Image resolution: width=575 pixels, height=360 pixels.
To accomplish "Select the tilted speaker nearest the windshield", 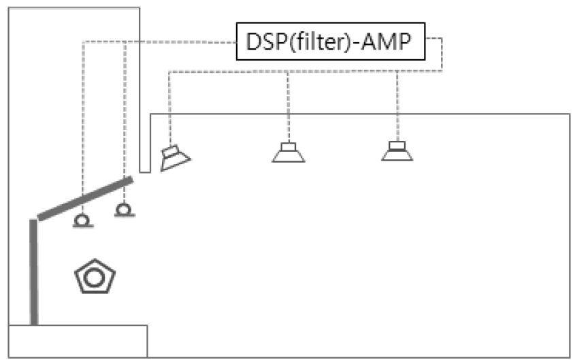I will pyautogui.click(x=174, y=158).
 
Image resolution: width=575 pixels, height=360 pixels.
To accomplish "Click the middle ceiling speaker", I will pyautogui.click(x=288, y=152).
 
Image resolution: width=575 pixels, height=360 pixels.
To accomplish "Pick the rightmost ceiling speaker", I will pyautogui.click(x=397, y=151).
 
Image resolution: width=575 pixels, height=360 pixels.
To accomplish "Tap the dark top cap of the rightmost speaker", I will pyautogui.click(x=397, y=144).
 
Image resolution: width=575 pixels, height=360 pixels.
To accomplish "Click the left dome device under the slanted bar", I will pyautogui.click(x=82, y=221).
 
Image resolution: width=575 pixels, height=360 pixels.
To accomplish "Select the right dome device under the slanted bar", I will pyautogui.click(x=124, y=210).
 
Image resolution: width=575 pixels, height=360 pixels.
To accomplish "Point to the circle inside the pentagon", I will pyautogui.click(x=95, y=276).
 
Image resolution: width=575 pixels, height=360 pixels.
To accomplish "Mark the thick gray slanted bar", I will pyautogui.click(x=85, y=199).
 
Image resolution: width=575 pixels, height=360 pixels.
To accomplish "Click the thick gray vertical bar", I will pyautogui.click(x=33, y=272).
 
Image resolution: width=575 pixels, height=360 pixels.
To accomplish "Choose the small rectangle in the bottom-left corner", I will pyautogui.click(x=78, y=341).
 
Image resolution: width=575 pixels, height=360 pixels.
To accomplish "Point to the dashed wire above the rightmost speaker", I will pyautogui.click(x=397, y=102).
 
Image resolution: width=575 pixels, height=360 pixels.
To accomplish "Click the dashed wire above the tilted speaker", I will pyautogui.click(x=169, y=109).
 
